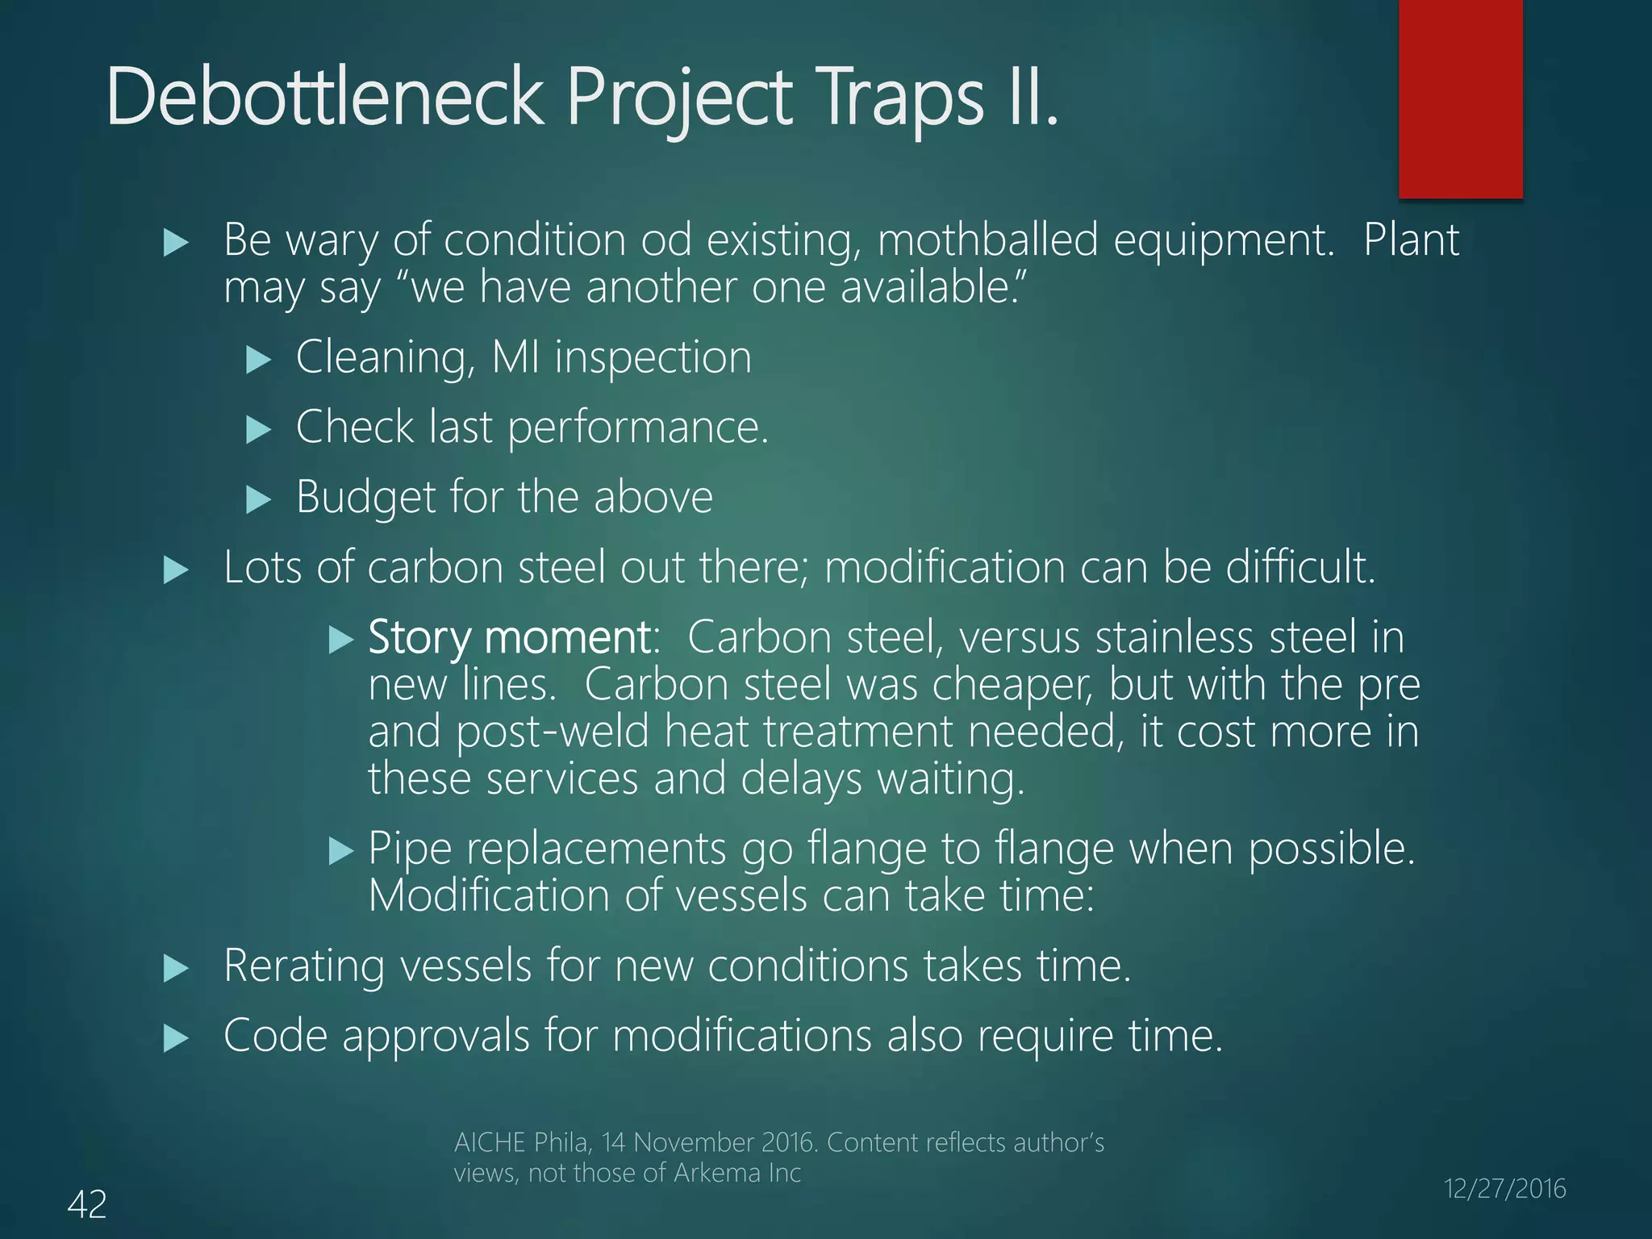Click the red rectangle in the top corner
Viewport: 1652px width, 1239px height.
coord(1460,98)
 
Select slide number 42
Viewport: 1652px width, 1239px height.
coord(87,1204)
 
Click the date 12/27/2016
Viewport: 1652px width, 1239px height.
coord(1504,1188)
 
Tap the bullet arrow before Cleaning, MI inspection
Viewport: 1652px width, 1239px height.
coord(258,359)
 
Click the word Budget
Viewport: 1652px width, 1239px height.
coord(365,497)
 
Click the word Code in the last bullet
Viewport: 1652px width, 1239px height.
coord(275,1036)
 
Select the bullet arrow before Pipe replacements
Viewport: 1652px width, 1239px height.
coord(342,851)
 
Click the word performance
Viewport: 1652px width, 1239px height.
coord(638,427)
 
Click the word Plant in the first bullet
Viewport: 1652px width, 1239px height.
coord(1411,240)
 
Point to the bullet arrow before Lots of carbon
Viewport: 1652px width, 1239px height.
coord(176,570)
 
